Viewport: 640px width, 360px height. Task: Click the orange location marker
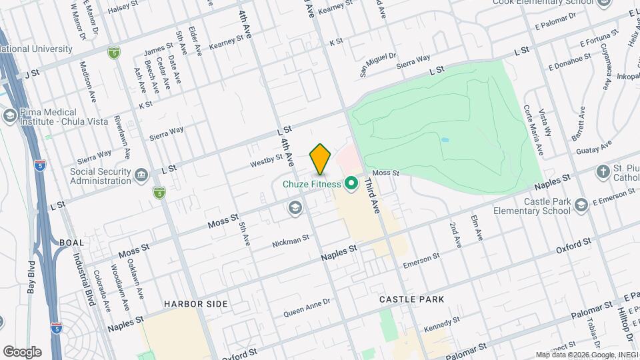(320, 159)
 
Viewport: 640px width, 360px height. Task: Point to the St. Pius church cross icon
(603, 171)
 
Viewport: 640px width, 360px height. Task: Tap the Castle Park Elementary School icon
(582, 204)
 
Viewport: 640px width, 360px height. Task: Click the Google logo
(22, 352)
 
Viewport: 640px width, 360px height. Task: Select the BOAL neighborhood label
(72, 243)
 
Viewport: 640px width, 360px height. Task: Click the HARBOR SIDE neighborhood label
(196, 304)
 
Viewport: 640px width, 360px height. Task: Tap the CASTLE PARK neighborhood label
(411, 300)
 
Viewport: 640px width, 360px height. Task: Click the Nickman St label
(290, 240)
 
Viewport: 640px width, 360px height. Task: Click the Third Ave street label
(372, 197)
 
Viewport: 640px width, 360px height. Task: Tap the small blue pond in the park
(445, 140)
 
